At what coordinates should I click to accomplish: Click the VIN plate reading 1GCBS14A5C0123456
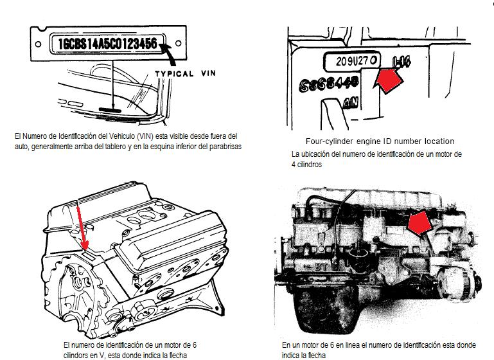click(x=107, y=44)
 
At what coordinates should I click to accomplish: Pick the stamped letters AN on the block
click(x=351, y=104)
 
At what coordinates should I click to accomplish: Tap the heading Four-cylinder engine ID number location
click(x=381, y=141)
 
